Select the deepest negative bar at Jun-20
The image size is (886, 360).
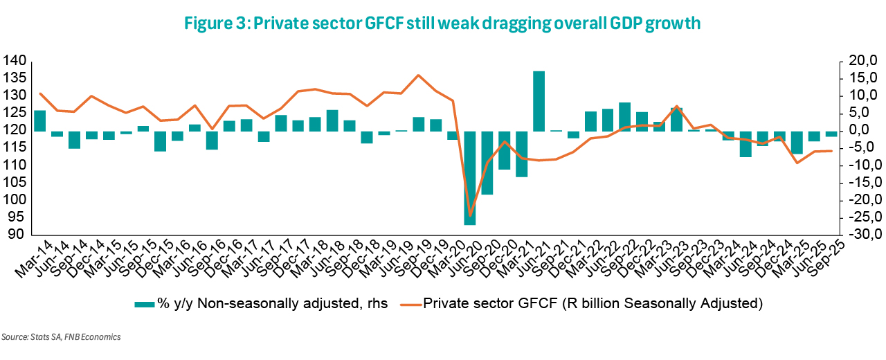470,178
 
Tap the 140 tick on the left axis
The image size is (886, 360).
15,61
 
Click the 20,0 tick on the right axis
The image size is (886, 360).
862,61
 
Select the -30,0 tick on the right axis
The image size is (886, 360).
860,235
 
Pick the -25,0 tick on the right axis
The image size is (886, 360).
860,217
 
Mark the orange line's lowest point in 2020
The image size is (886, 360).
470,216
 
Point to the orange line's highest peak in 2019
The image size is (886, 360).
418,75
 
